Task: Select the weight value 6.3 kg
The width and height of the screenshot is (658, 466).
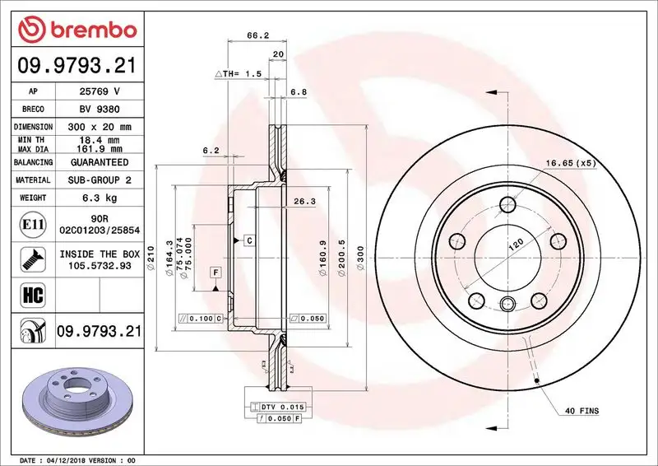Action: click(99, 198)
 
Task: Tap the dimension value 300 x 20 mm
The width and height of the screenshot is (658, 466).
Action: click(99, 128)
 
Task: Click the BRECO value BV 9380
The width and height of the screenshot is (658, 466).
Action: click(99, 109)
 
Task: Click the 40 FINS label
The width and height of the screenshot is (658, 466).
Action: click(582, 410)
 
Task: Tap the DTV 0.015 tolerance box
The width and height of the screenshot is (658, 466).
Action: click(280, 408)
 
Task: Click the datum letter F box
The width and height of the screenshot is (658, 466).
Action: click(215, 272)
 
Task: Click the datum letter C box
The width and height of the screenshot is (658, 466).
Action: click(247, 240)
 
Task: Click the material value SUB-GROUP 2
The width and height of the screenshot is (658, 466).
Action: click(99, 179)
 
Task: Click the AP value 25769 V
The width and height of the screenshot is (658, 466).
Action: click(99, 91)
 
